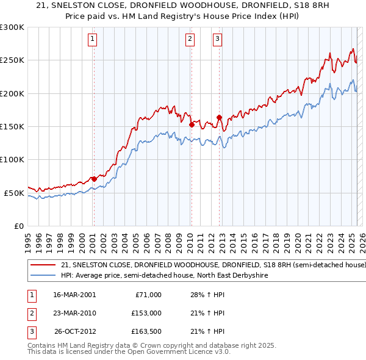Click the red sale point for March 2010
point(192,124)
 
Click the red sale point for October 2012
point(219,117)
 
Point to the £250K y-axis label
point(12,60)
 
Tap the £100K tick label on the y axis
point(12,159)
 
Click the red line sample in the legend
point(43,265)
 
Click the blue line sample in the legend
point(43,276)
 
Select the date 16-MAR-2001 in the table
point(74,295)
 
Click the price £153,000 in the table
point(146,313)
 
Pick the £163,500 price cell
point(146,331)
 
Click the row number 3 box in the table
point(30,331)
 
